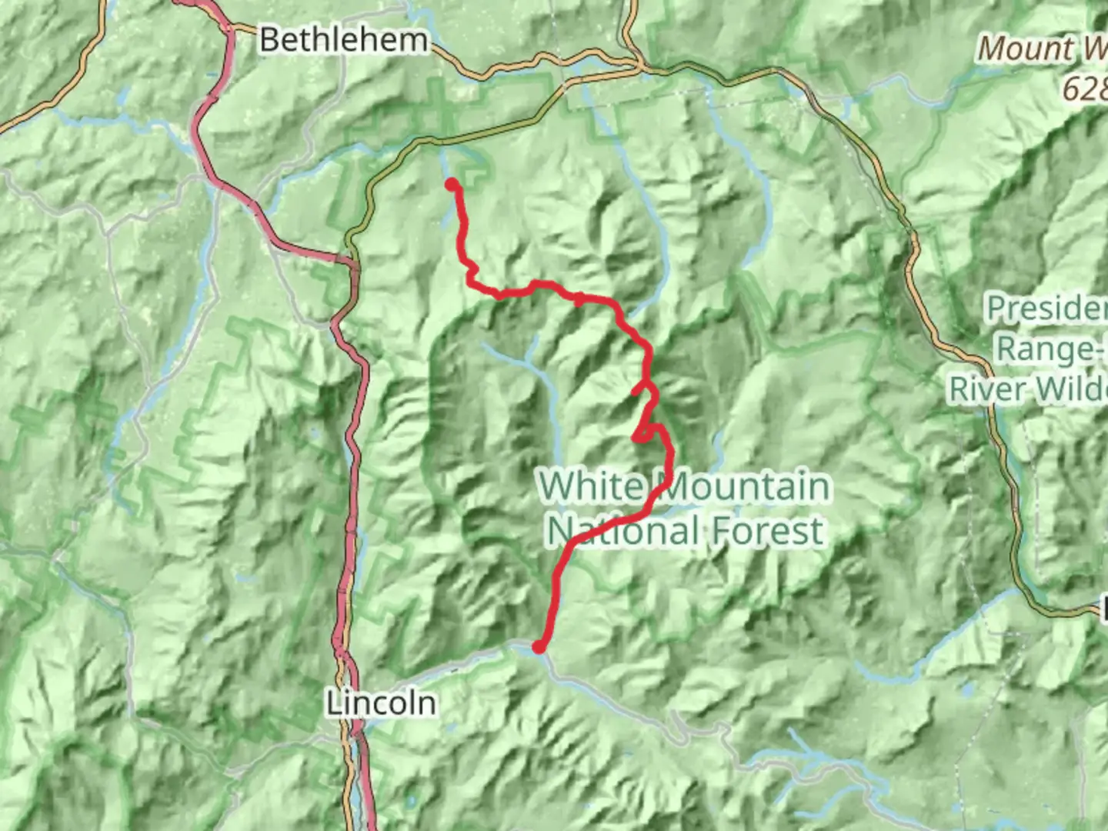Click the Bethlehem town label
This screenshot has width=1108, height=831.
[343, 40]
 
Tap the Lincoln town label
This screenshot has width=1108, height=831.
[380, 703]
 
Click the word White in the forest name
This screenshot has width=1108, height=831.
[591, 486]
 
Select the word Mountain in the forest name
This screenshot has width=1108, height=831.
[743, 486]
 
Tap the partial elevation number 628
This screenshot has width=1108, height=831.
[1085, 88]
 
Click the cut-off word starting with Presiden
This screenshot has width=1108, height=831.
[1046, 309]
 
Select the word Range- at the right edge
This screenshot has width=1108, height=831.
[1051, 349]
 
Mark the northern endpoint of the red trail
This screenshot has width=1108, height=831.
[452, 184]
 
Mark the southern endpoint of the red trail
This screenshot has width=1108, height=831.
[540, 648]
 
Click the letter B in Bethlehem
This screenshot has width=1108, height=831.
[269, 40]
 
